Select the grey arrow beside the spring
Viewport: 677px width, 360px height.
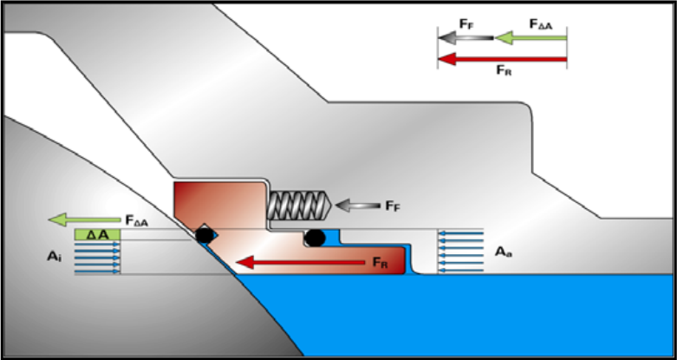(x=357, y=206)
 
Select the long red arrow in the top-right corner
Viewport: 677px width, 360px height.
(x=503, y=59)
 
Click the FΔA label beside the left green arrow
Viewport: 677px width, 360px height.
(x=136, y=221)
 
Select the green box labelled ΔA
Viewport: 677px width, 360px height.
(x=95, y=234)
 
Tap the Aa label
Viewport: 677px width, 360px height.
(x=501, y=252)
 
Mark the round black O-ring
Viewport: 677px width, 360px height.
(x=315, y=236)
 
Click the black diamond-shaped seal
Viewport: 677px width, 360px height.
(x=203, y=233)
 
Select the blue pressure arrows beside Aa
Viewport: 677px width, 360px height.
(x=459, y=251)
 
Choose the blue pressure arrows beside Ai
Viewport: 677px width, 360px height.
(x=96, y=258)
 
